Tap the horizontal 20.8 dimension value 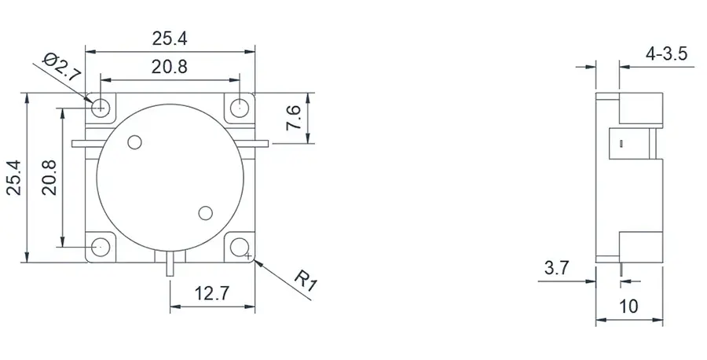tap(169, 68)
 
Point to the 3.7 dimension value tap(556, 268)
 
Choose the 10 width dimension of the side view tap(628, 306)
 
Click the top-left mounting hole tap(100, 106)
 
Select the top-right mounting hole tap(240, 106)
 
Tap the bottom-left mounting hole tap(100, 246)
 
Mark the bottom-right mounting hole tap(240, 247)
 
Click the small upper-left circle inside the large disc tap(134, 142)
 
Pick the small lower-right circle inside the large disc tap(207, 212)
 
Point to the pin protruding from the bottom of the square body tap(170, 265)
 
